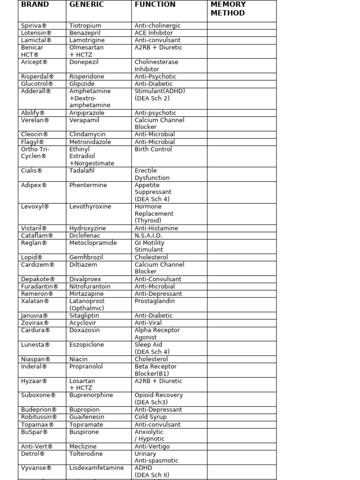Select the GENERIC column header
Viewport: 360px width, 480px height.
[x=87, y=5]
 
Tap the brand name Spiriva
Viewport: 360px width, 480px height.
[x=34, y=26]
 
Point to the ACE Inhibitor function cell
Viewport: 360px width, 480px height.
[x=154, y=33]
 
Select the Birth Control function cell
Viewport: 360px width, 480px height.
[x=153, y=149]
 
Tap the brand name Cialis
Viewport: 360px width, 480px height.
[x=32, y=171]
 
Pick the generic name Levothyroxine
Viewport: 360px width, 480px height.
[x=90, y=207]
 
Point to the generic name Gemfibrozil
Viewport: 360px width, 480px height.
[x=86, y=257]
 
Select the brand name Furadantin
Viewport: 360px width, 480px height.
[x=39, y=286]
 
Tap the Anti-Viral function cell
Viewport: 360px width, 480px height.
[x=148, y=323]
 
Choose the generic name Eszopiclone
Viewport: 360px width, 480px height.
[x=87, y=345]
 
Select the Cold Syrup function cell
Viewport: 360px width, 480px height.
[x=150, y=417]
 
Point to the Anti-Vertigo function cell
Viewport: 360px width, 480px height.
[x=152, y=446]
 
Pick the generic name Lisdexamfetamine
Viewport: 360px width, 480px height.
[x=97, y=468]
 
